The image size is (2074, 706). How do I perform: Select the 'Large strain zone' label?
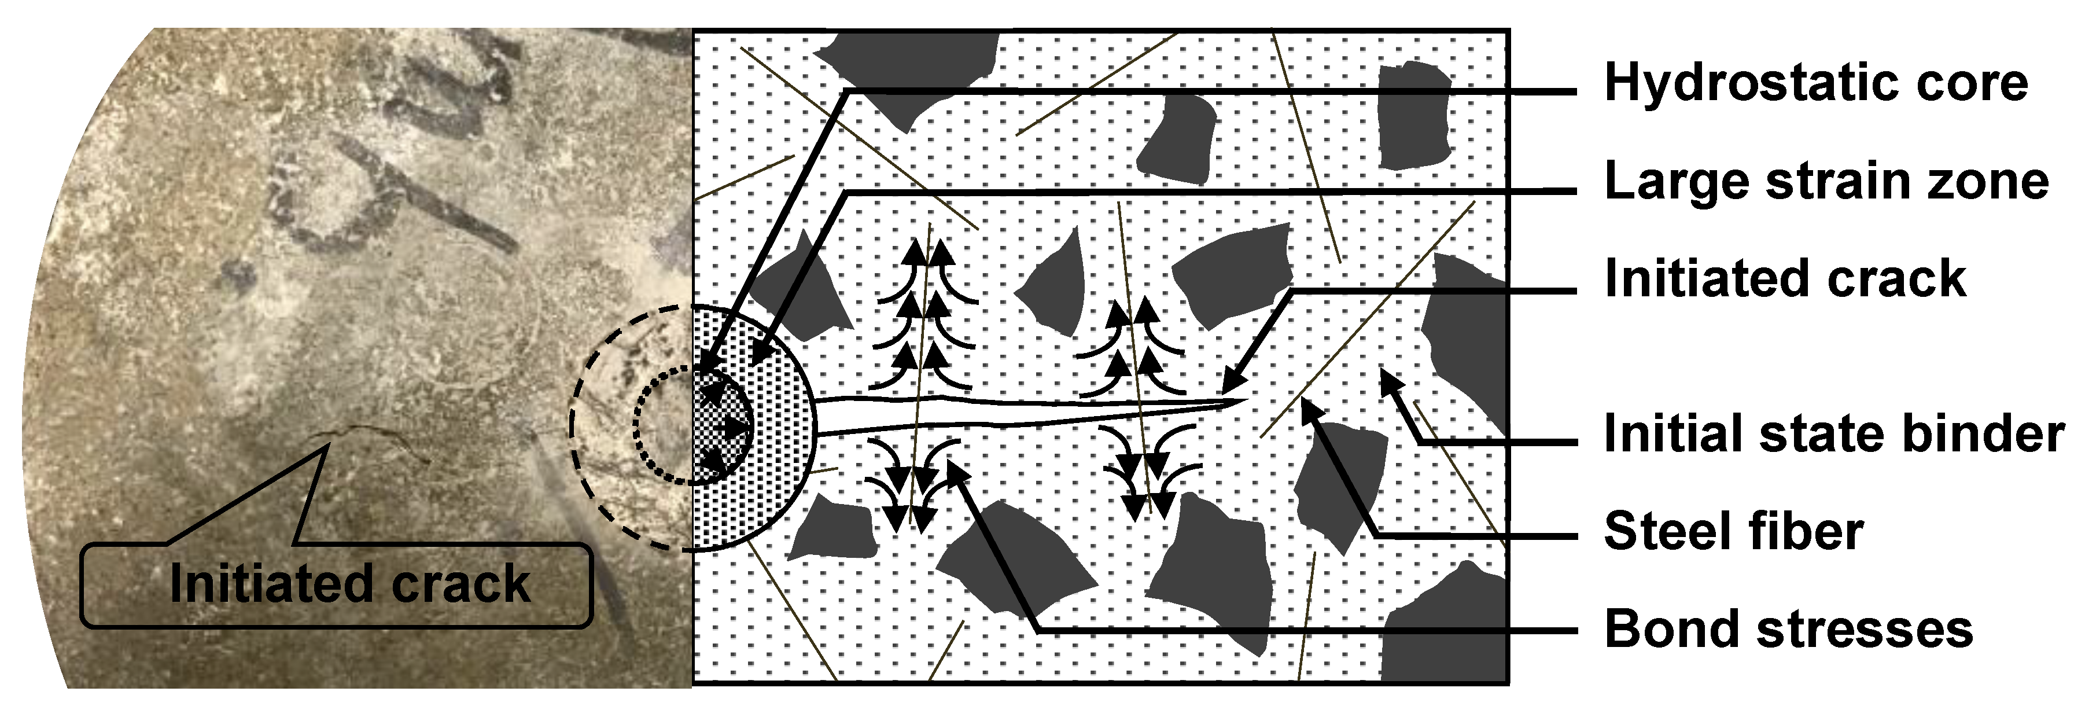[x=1826, y=182]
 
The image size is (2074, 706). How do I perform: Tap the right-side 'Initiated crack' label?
[x=1785, y=280]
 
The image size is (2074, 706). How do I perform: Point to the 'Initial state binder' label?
[x=1834, y=434]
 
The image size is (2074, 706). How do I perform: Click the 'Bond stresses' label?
[x=1788, y=630]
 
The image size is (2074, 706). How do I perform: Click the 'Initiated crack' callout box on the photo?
[x=337, y=584]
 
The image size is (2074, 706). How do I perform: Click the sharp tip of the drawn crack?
[x=1244, y=400]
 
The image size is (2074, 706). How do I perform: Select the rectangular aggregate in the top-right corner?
[x=1413, y=117]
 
